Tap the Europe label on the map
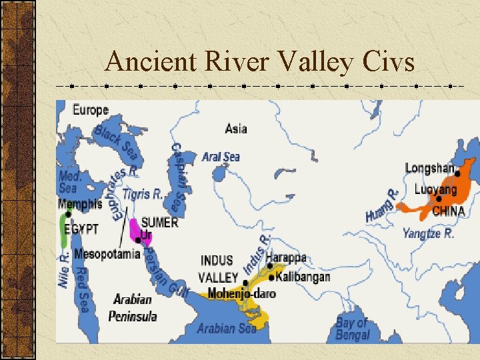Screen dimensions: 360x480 91,110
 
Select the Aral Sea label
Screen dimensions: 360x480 221,157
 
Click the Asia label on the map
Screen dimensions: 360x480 236,129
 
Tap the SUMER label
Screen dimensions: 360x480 159,222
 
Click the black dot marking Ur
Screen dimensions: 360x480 138,240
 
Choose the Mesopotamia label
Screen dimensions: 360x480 107,254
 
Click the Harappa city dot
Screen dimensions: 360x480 269,265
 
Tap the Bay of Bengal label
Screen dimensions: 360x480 353,329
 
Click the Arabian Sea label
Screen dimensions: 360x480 227,328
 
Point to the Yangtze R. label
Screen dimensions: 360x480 428,233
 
